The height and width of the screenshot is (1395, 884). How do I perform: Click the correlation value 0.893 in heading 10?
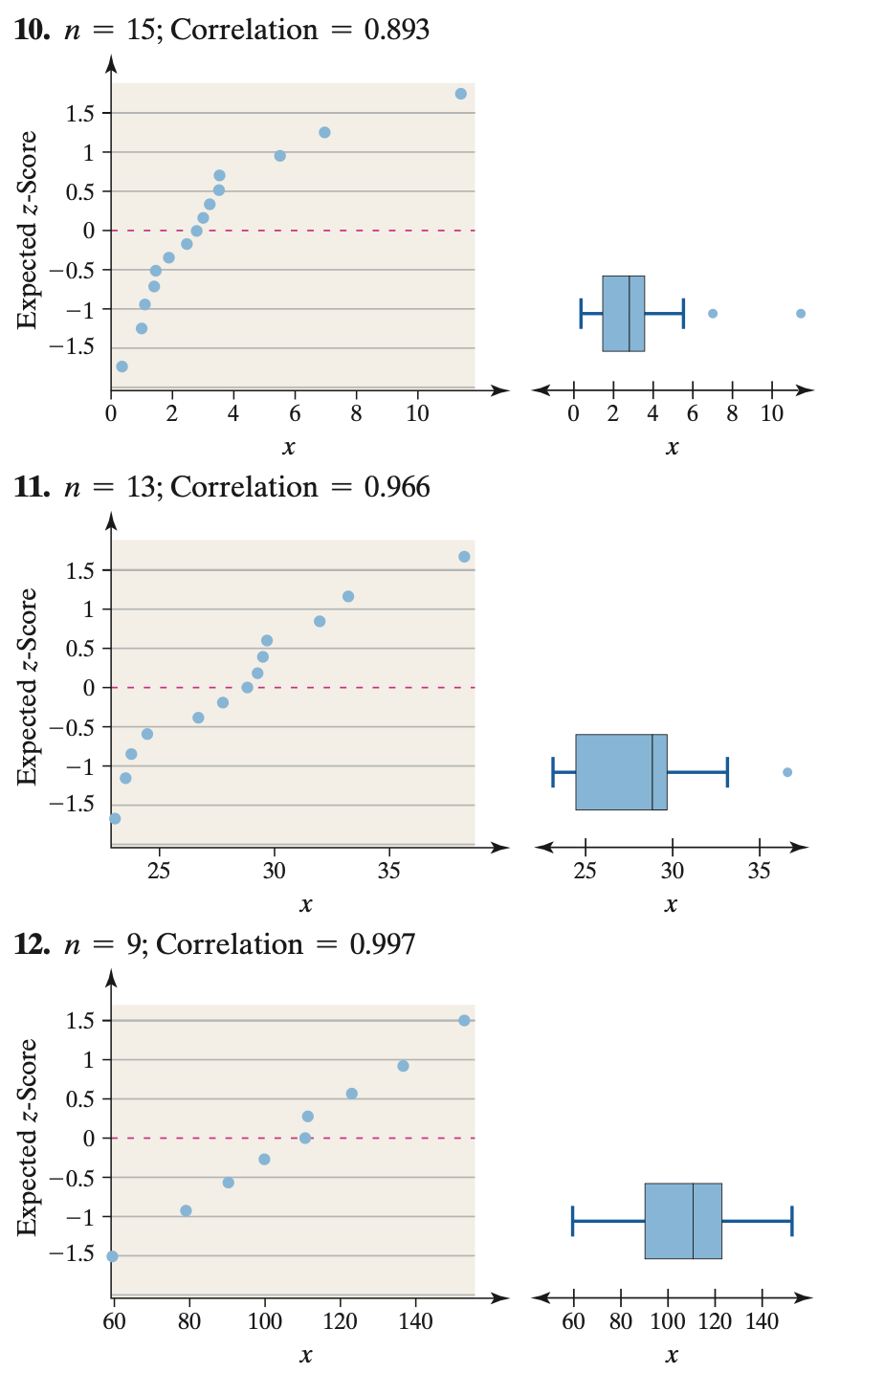tap(396, 31)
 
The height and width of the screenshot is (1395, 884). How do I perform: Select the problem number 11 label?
tap(32, 488)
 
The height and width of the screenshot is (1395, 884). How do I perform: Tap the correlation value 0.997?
tap(382, 945)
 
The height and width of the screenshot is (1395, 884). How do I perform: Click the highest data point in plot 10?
tap(461, 94)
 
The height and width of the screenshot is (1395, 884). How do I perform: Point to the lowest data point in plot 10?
tap(122, 366)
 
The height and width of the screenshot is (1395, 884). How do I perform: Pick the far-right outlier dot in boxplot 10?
tap(801, 314)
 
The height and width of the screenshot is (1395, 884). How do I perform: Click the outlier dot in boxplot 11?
tap(787, 772)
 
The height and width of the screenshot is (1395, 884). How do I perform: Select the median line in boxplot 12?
tap(693, 1221)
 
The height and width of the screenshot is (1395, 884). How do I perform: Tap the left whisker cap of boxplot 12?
tap(573, 1221)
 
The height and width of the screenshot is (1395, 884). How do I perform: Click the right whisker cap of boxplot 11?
tap(727, 771)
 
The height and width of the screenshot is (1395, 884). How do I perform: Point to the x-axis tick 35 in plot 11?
tap(389, 872)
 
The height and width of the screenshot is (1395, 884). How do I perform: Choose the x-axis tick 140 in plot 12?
tap(415, 1321)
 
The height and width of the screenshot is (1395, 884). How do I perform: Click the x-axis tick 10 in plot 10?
tap(417, 414)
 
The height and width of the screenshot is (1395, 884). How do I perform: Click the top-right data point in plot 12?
tap(464, 1021)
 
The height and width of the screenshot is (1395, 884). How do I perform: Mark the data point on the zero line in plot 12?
tap(305, 1138)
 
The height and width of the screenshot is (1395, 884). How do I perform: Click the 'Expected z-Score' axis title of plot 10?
tap(29, 230)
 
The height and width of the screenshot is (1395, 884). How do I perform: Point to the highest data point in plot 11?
tap(464, 557)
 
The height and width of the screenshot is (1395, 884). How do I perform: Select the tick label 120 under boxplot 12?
tap(716, 1322)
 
